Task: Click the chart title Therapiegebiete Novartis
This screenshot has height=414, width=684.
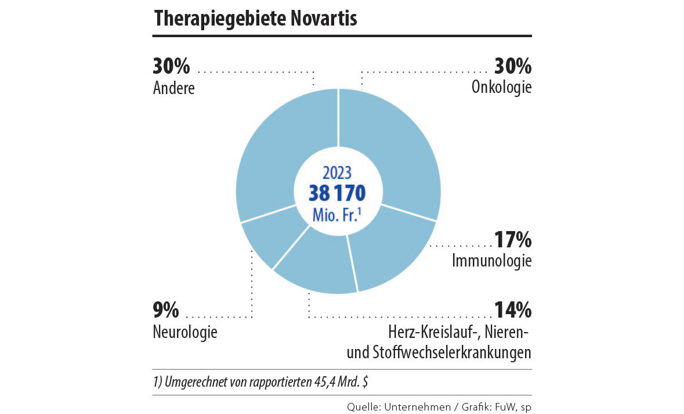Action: click(x=255, y=18)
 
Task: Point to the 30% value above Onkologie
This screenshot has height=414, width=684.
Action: click(x=512, y=67)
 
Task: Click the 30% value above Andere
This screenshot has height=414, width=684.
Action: click(x=172, y=67)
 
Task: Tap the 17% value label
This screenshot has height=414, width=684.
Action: click(x=512, y=240)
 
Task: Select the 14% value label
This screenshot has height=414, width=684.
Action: click(x=512, y=311)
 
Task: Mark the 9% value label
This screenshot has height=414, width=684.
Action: click(x=167, y=311)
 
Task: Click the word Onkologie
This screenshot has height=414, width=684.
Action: click(x=502, y=88)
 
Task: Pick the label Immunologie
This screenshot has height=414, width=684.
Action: click(x=492, y=261)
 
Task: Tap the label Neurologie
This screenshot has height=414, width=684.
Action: click(x=185, y=333)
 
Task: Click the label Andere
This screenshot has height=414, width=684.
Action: click(x=174, y=88)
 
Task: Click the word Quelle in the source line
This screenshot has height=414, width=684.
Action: click(x=363, y=406)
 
